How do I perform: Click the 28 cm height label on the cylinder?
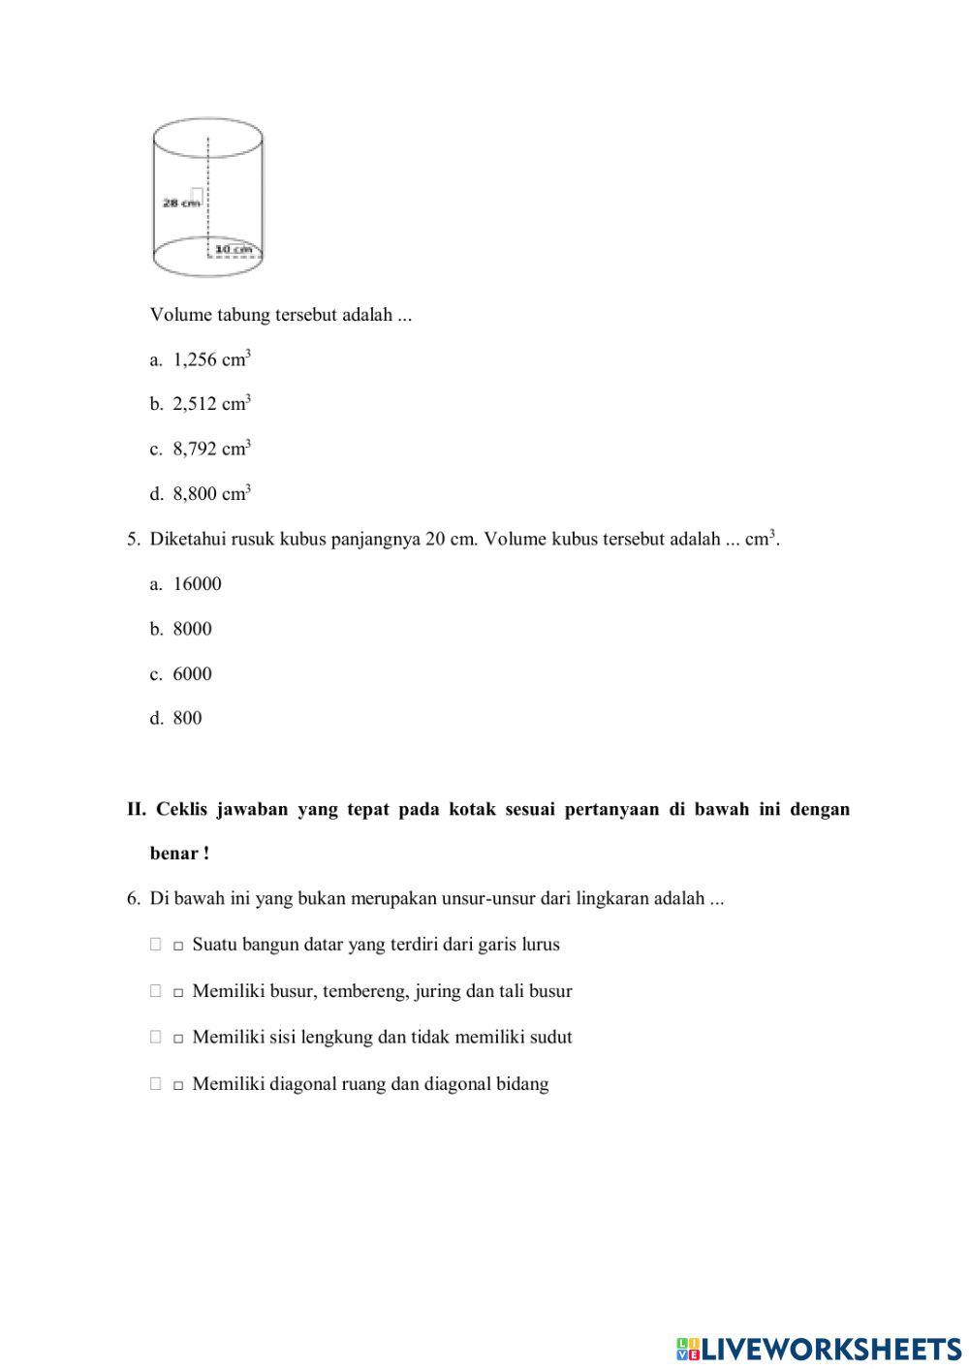tap(180, 202)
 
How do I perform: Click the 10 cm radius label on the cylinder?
tap(233, 249)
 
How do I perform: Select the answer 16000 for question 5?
tap(197, 584)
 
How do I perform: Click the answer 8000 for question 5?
tap(192, 629)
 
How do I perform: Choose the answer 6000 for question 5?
tap(192, 674)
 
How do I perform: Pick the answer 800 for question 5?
tap(187, 719)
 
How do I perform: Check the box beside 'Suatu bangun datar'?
tap(156, 945)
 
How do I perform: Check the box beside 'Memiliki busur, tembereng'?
tap(156, 991)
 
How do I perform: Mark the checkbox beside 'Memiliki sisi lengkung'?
tap(156, 1037)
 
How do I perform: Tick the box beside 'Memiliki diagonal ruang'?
tap(156, 1084)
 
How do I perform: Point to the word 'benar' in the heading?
tap(174, 854)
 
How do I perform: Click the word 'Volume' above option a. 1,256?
tap(180, 315)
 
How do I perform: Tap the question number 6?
tap(133, 898)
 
